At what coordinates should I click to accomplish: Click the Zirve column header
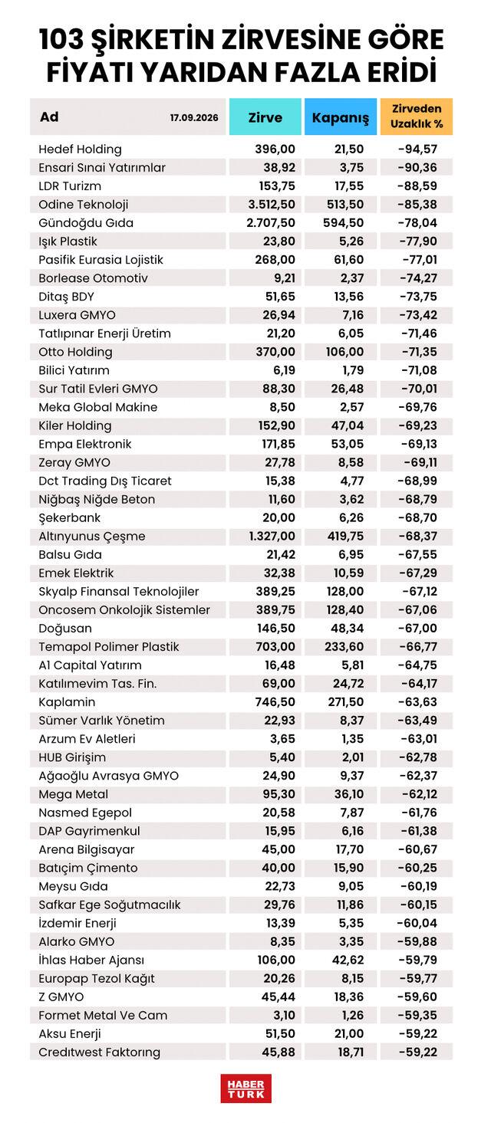pos(265,117)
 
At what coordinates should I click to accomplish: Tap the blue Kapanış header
pos(341,117)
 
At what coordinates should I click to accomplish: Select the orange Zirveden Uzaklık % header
pos(417,117)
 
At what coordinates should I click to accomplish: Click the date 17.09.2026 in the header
pos(194,118)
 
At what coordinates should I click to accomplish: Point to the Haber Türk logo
pos(245,1089)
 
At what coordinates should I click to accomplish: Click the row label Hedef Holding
pos(81,149)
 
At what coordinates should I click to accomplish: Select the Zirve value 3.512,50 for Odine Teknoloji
pos(272,205)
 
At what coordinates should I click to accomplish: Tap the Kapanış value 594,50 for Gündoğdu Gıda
pos(344,222)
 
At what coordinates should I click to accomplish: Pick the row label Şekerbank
pos(70,518)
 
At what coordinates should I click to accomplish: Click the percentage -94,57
pos(418,149)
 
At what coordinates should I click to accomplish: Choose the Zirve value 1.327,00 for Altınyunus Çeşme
pos(272,536)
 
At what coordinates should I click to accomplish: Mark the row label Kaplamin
pos(67,702)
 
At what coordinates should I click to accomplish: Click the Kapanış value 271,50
pos(346,702)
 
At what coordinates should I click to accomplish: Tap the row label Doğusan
pos(65,629)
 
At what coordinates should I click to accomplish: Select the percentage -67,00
pos(418,628)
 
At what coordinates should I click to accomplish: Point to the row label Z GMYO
pos(61,997)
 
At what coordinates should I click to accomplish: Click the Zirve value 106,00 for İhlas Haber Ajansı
pos(276,960)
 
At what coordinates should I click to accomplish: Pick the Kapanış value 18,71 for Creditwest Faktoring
pos(351,1052)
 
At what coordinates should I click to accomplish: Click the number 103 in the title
pos(61,40)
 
